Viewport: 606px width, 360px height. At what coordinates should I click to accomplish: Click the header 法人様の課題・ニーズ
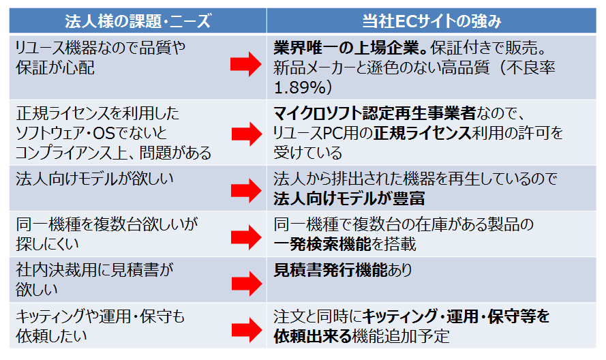pos(138,21)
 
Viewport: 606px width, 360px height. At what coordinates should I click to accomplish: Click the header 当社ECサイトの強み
pos(431,21)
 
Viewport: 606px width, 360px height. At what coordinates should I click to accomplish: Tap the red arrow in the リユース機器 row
pos(246,64)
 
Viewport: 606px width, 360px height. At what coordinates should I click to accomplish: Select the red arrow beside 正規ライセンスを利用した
pos(247,134)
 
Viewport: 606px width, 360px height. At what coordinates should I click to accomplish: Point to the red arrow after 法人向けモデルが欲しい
pos(247,191)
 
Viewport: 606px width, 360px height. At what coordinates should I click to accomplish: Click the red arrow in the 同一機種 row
pos(247,237)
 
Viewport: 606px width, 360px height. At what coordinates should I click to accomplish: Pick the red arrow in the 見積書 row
pos(247,284)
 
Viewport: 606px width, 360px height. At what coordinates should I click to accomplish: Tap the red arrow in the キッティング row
pos(247,330)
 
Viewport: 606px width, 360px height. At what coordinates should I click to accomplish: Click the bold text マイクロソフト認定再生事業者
pos(374,114)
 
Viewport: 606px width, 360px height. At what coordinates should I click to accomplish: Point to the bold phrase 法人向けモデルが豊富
pos(349,199)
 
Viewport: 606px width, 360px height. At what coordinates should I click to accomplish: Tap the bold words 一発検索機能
pos(322,244)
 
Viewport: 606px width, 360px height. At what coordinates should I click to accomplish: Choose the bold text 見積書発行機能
pos(331,270)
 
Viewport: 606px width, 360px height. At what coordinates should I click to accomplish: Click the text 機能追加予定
pos(401,336)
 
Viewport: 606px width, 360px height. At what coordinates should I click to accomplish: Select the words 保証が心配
pos(55,67)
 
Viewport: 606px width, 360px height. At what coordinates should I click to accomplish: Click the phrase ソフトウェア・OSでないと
pos(91,134)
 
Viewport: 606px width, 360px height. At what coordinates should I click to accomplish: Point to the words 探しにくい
pos(47,244)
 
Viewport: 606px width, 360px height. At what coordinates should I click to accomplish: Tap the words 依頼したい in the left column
pos(51,336)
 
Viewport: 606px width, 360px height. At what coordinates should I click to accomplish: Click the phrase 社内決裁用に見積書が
pos(95,270)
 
